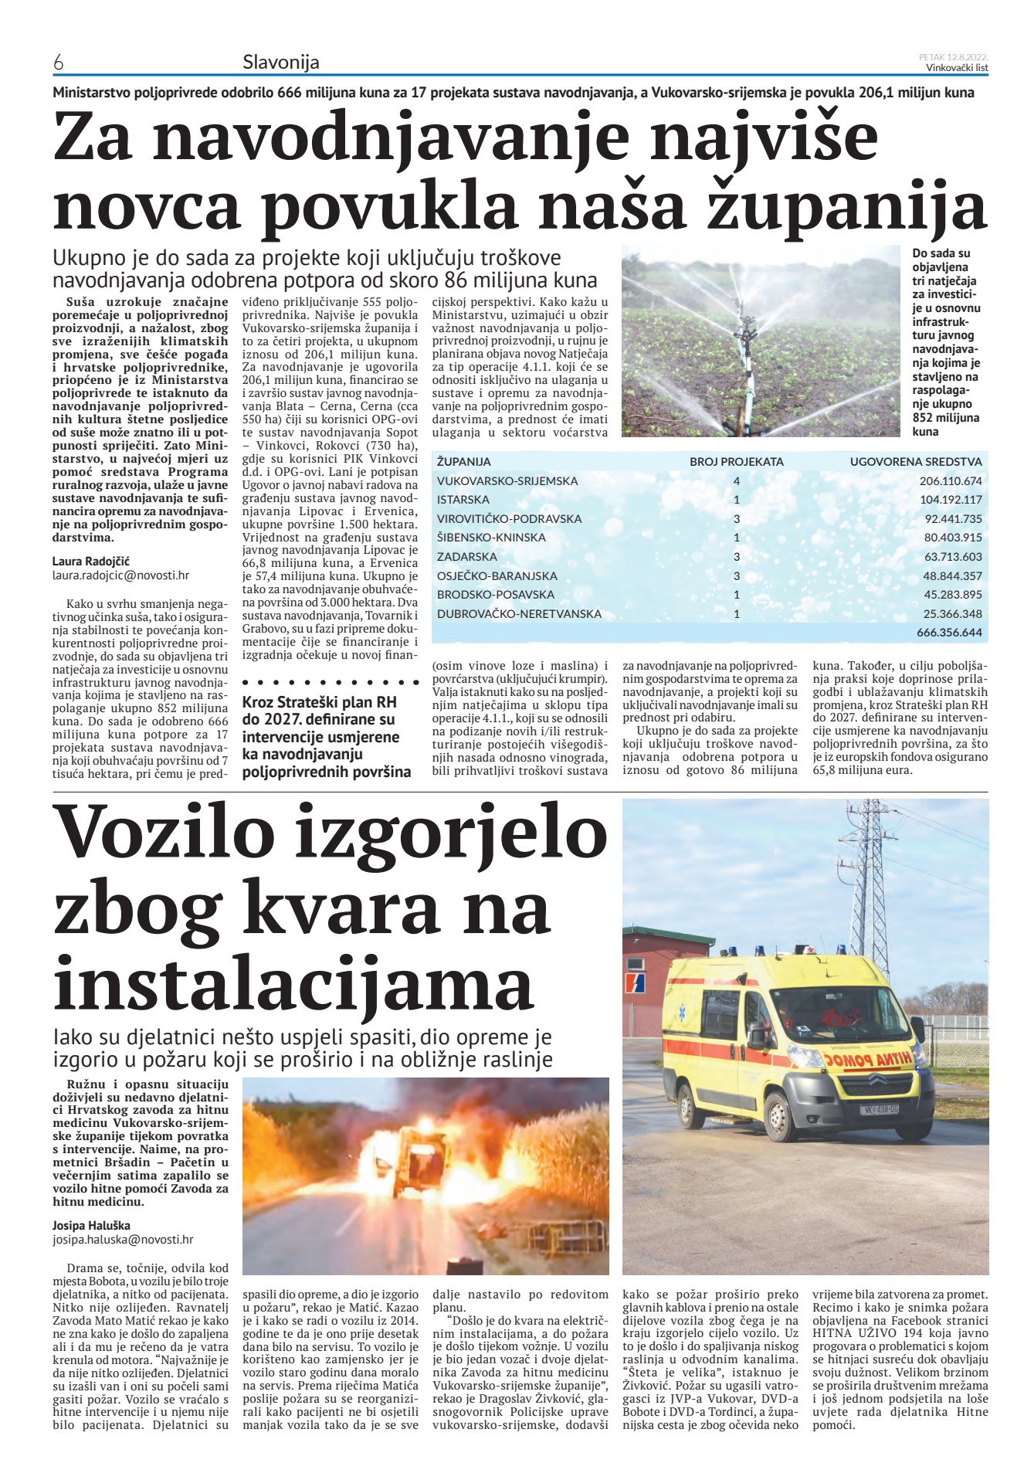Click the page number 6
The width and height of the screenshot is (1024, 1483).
coord(58,63)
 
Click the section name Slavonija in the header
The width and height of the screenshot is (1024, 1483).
coord(280,62)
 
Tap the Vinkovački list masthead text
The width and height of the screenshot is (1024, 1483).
coord(957,68)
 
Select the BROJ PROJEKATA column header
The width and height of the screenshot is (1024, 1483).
coord(736,461)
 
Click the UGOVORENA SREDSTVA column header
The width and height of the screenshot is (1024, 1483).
coord(916,461)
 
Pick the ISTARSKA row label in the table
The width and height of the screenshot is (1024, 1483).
coord(463,499)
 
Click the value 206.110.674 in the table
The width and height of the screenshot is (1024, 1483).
coord(951,480)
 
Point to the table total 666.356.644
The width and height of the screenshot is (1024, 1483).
coord(949,633)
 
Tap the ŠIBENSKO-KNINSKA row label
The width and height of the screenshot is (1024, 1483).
coord(491,537)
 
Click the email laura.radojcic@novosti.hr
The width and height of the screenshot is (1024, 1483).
coord(120,575)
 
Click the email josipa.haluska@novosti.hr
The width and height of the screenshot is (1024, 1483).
coord(123,1239)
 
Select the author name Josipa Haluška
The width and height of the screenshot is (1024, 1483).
coord(91,1225)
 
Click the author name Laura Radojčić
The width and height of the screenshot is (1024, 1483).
coord(91,561)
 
